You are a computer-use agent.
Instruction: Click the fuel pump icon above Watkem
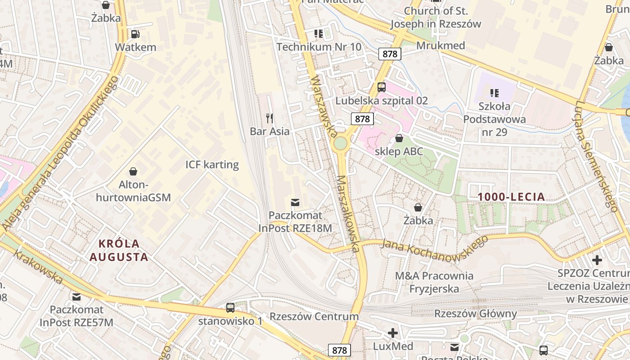click(135, 34)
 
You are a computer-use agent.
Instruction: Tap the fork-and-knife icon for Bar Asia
click(270, 118)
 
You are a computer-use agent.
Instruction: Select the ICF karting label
click(212, 164)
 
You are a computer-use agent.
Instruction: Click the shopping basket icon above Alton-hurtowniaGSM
click(133, 171)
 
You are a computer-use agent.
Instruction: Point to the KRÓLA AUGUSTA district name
click(119, 250)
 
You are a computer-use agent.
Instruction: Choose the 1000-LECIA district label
click(511, 197)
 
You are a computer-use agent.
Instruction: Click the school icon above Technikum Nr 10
click(319, 34)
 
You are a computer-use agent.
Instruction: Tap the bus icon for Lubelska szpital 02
click(382, 87)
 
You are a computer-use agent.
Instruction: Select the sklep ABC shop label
click(399, 151)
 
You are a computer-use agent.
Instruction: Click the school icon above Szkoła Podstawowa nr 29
click(495, 93)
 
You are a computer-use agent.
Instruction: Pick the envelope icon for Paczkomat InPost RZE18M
click(295, 202)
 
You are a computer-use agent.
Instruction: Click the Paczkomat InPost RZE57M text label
click(76, 316)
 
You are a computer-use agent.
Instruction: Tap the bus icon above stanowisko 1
click(230, 308)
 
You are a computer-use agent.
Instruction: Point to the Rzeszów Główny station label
click(475, 313)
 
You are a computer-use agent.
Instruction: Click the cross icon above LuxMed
click(393, 333)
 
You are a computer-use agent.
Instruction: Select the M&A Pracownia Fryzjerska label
click(434, 282)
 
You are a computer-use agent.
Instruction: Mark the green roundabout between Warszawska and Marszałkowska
click(340, 144)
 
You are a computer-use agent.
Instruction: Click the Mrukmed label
click(441, 45)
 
